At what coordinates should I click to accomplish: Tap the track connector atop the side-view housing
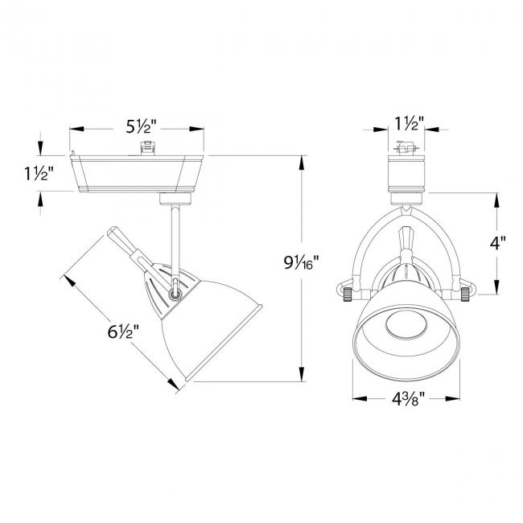pyautogui.click(x=146, y=148)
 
